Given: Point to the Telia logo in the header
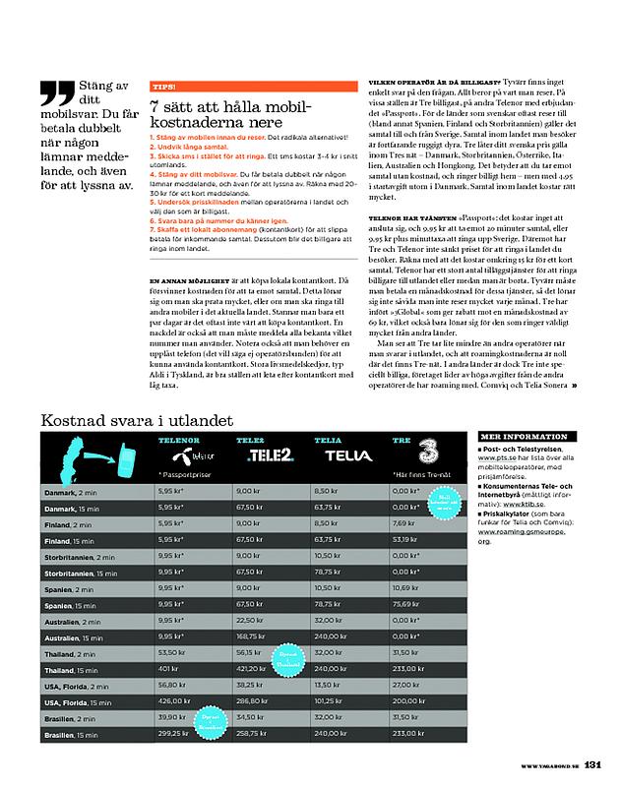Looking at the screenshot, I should [341, 456].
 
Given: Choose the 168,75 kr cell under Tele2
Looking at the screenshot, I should [253, 637].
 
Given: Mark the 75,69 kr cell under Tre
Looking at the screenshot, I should [406, 605].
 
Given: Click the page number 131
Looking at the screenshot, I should [592, 765].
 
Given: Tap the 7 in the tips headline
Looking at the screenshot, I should [155, 105].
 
